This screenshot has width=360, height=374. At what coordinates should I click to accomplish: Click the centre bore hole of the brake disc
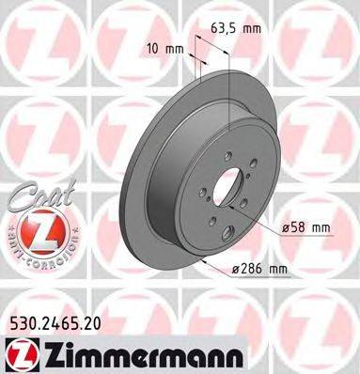click(x=227, y=189)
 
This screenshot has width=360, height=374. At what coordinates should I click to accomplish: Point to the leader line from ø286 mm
click(x=216, y=264)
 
